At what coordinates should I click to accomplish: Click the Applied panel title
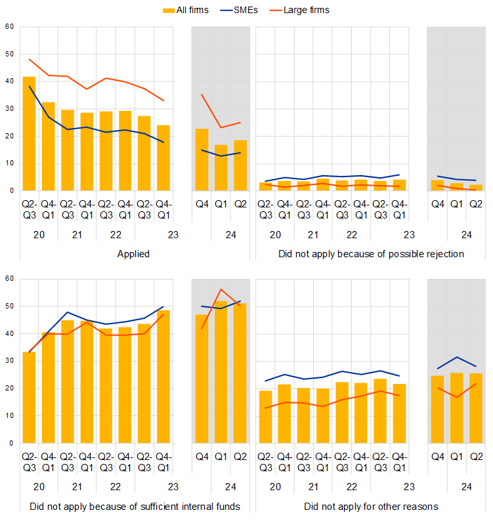[133, 254]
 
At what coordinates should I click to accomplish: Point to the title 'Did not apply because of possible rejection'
[371, 254]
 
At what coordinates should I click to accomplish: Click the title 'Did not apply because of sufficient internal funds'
[135, 507]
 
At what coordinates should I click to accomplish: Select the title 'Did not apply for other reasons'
[371, 507]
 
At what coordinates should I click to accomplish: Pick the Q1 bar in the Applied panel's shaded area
[221, 167]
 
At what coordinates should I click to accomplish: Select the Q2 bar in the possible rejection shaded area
[476, 188]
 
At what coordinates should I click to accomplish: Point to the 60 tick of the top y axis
[9, 27]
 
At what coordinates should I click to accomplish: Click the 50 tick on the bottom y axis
[9, 306]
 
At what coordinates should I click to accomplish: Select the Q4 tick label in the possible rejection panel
[438, 204]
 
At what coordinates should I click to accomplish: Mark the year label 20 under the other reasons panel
[276, 488]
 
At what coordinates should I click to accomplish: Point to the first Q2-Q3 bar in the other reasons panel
[265, 417]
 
